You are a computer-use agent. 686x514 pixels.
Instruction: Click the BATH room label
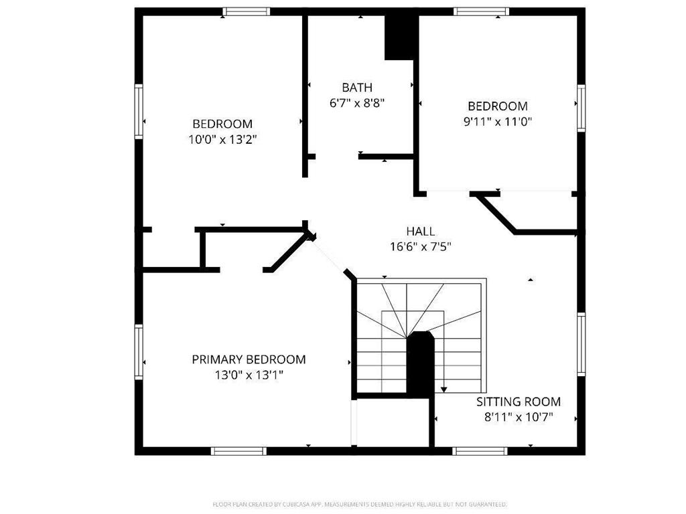point(356,88)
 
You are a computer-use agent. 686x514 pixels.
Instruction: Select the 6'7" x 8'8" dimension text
point(356,103)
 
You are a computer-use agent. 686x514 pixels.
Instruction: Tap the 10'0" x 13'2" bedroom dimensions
point(222,140)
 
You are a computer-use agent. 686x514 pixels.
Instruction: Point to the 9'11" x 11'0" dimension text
point(497,122)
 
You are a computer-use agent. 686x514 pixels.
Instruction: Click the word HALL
point(420,232)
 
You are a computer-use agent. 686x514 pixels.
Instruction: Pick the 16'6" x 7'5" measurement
point(420,246)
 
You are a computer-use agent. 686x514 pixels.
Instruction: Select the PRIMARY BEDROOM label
point(249,359)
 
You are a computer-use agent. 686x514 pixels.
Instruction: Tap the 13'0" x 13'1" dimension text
point(249,375)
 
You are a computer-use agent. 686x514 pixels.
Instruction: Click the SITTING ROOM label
point(518,402)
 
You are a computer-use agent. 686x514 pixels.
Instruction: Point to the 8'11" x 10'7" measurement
point(518,418)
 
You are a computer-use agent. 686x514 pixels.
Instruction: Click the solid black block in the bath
point(401,37)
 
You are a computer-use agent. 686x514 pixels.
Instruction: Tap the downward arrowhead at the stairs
point(443,389)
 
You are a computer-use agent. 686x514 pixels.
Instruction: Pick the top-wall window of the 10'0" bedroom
point(247,11)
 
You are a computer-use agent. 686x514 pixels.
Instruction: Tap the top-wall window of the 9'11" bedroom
point(480,11)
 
